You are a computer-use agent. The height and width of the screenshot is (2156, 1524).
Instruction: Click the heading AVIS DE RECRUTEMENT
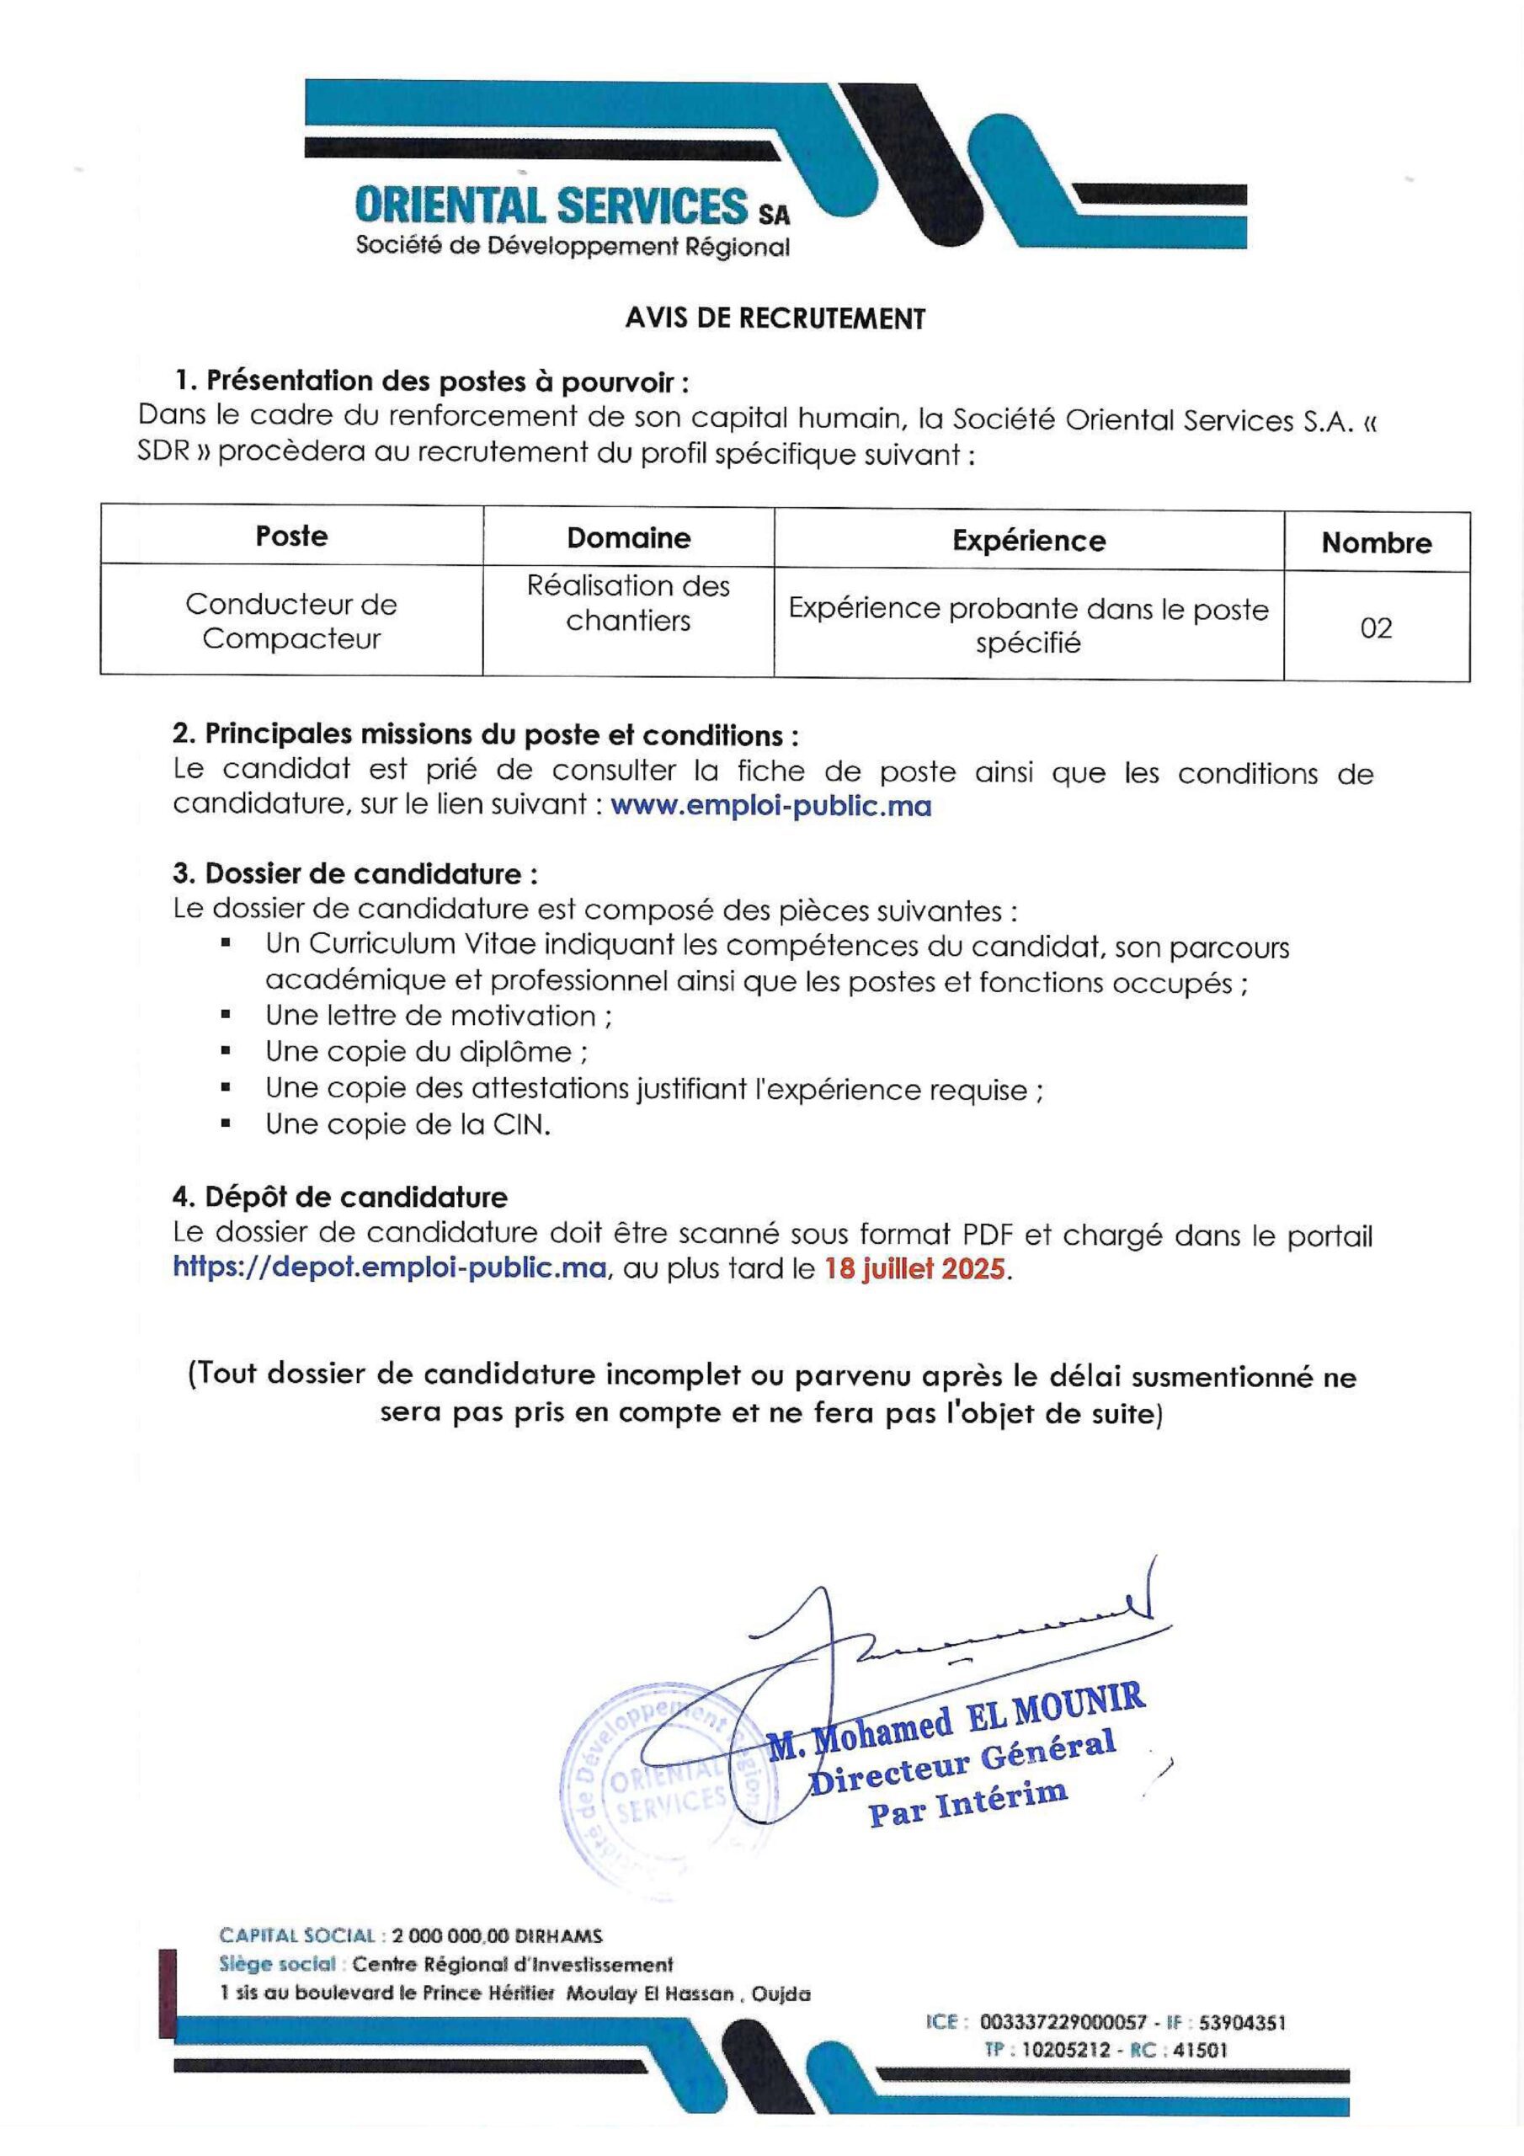click(775, 319)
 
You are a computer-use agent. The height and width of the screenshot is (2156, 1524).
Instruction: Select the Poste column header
click(291, 536)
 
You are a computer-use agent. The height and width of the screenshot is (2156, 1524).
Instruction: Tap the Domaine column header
click(628, 538)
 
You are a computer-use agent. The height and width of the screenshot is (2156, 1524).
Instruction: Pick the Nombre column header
click(1376, 542)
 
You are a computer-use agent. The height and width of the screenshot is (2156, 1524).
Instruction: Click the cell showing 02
click(1376, 627)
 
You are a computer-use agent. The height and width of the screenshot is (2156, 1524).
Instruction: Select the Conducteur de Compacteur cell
click(291, 621)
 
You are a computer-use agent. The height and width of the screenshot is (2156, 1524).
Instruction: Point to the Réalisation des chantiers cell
click(628, 603)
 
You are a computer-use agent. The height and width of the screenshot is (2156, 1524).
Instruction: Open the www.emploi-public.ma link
click(771, 807)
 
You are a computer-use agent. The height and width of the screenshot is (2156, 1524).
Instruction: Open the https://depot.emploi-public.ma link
click(389, 1268)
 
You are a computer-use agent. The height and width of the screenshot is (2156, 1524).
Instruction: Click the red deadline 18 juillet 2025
click(914, 1269)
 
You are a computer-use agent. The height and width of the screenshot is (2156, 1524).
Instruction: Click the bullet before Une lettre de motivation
click(226, 1015)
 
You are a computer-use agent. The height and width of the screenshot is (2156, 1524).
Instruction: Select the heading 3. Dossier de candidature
click(355, 874)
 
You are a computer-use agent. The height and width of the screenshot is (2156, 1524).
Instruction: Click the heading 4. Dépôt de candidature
click(340, 1198)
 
